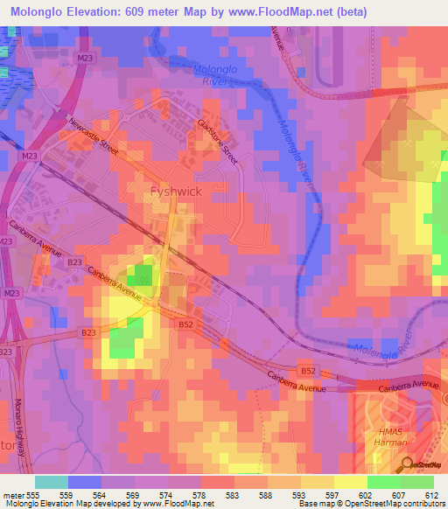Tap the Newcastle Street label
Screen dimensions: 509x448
click(x=94, y=136)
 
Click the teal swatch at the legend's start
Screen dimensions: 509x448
click(x=52, y=482)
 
